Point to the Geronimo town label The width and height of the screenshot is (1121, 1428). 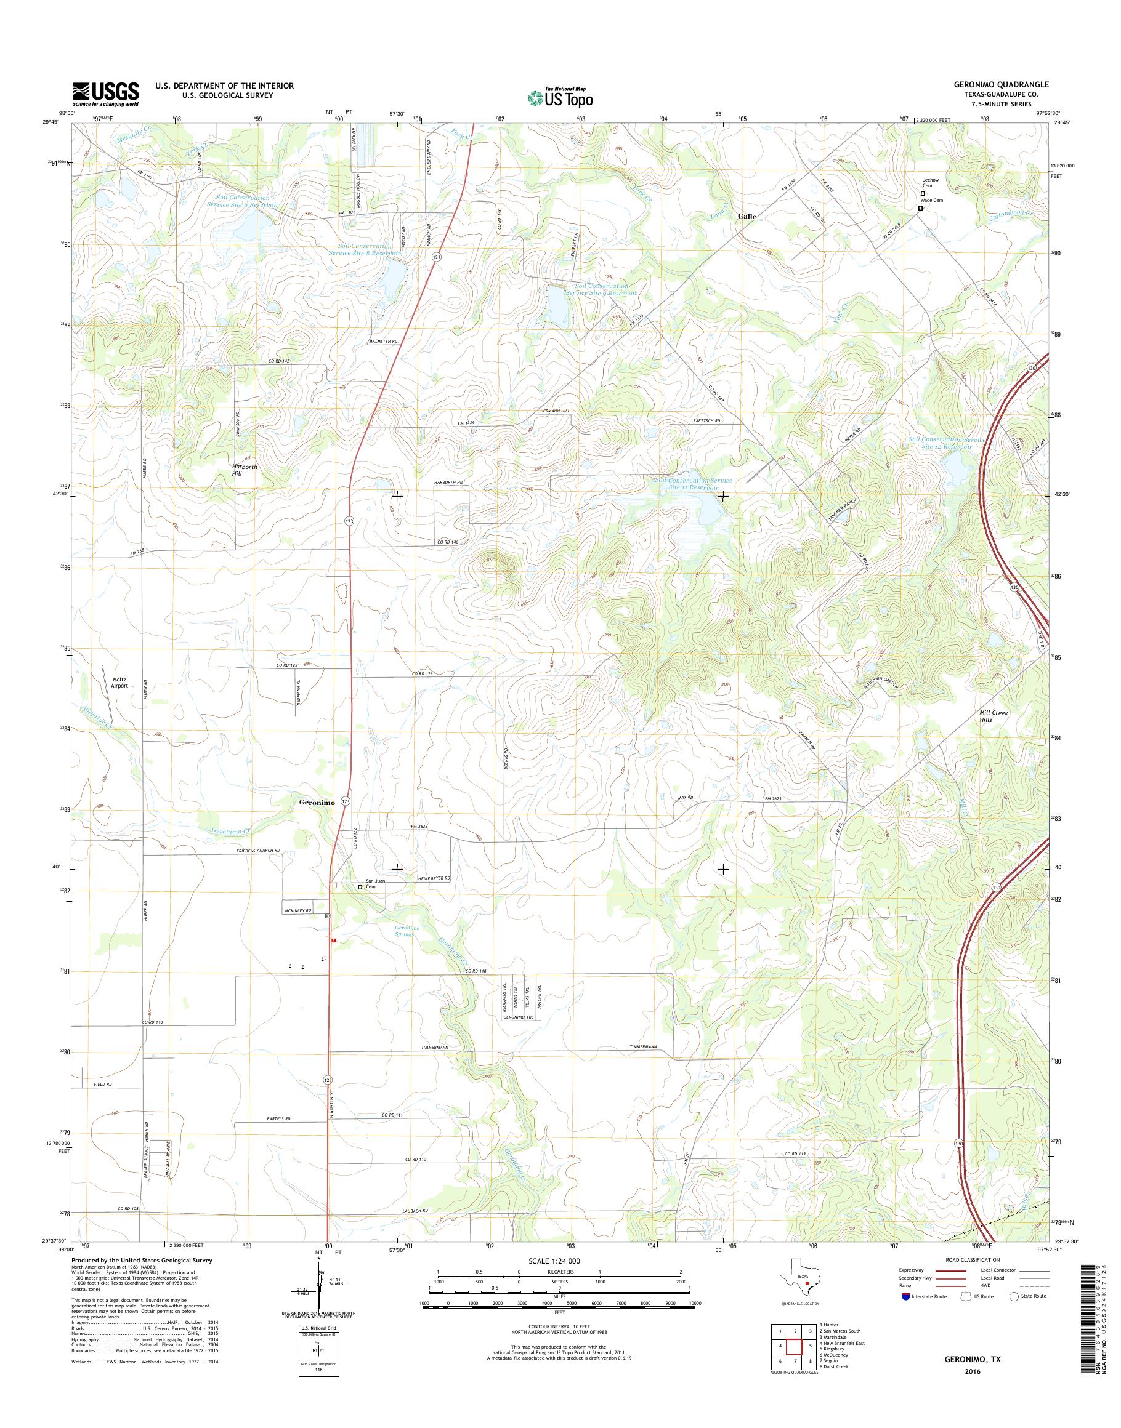pos(317,803)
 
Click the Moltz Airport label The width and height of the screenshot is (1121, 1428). pos(119,681)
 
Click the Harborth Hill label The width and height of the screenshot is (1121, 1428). pos(244,470)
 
